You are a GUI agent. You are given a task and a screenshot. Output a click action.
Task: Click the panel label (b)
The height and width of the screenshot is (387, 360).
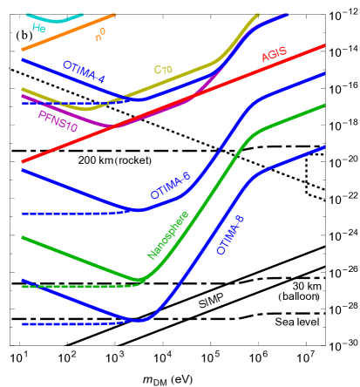coord(24,36)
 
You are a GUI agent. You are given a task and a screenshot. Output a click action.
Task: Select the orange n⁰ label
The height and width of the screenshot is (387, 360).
coord(101,35)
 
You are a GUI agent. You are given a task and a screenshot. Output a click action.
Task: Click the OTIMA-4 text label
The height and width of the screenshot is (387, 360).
coord(84,72)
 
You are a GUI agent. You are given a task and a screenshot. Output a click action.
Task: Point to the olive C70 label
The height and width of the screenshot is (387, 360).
coord(163,70)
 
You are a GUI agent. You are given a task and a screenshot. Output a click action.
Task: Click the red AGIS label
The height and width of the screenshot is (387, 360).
coord(274,55)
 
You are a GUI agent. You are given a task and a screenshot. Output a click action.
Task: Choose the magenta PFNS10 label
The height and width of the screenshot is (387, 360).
coord(58,121)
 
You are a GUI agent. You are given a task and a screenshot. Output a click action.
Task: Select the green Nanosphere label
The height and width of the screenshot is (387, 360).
coord(168,235)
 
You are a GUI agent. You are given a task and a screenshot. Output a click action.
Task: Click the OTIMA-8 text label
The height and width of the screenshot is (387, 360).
coord(230,234)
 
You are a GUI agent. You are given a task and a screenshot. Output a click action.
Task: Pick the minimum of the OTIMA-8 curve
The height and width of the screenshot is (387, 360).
coord(139,320)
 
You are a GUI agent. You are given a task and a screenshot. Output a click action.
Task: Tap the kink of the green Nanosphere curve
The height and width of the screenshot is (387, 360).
coord(138,281)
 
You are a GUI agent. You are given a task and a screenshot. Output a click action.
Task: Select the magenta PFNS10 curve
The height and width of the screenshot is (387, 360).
coord(157,113)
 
